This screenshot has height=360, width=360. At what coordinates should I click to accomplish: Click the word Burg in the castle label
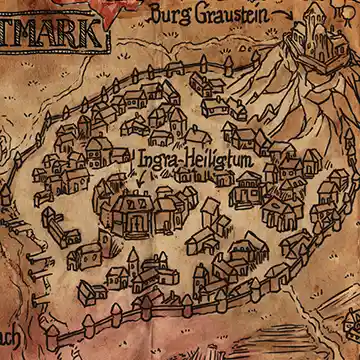click(x=170, y=15)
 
